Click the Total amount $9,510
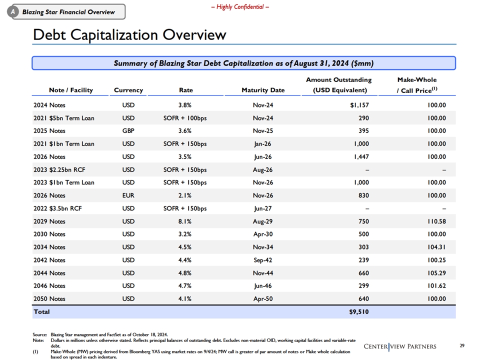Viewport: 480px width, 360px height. point(359,312)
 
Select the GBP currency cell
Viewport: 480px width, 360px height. point(128,130)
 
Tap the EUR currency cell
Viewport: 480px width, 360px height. point(128,195)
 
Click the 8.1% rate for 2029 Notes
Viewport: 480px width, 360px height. point(185,221)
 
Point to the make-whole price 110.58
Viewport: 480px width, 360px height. point(436,221)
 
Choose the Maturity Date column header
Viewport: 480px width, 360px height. point(263,90)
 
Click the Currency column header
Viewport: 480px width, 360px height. point(128,90)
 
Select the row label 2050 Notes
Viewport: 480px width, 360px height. point(49,299)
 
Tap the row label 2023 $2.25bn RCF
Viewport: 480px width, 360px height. point(59,169)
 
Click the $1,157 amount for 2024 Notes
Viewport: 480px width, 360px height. point(359,105)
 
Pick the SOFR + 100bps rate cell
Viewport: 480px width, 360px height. point(185,118)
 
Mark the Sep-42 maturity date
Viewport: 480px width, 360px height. point(263,260)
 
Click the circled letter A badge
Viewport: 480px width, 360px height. point(13,12)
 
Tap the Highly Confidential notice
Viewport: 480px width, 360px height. point(240,6)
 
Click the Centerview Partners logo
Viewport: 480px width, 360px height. point(400,346)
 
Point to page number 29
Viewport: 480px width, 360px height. point(462,345)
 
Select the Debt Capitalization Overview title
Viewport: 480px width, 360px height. point(129,34)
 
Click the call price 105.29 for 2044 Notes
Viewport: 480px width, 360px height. point(436,273)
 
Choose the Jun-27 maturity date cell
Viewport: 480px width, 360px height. point(263,208)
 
